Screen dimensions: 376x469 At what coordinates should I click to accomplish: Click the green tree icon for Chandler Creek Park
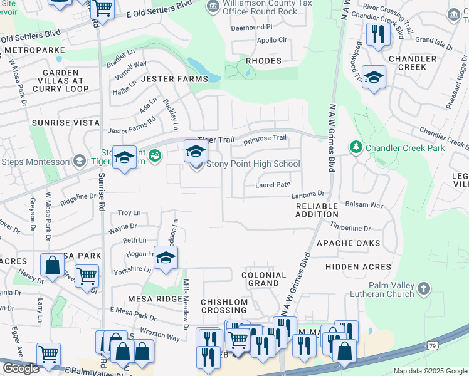pos(356,147)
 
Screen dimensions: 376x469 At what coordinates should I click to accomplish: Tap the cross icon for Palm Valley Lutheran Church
pos(424,288)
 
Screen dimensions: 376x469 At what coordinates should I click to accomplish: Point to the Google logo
pos(21,368)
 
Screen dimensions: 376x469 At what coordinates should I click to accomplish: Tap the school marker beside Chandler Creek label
pos(374,77)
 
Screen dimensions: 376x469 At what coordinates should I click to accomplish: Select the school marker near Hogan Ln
pos(166,258)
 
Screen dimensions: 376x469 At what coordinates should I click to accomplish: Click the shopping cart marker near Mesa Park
pos(87,276)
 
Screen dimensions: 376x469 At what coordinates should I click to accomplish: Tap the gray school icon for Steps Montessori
pos(80,161)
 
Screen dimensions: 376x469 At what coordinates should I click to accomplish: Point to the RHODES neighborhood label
pos(263,61)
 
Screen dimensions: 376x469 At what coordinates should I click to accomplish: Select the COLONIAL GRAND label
pos(263,279)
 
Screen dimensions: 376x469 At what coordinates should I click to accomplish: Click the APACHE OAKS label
pos(348,243)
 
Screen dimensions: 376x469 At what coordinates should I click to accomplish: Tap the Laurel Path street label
pos(273,185)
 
